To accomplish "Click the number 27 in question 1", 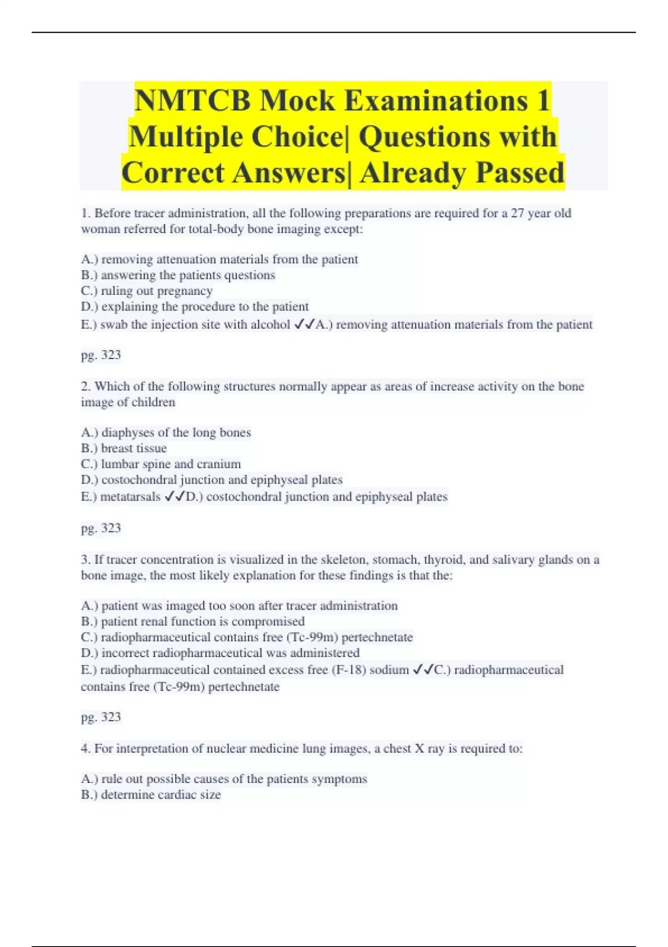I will (x=517, y=213).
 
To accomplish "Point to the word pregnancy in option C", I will (x=184, y=291).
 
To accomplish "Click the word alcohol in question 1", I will (x=271, y=325).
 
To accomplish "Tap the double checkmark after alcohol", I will (x=304, y=324).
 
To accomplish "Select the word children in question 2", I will (x=153, y=402).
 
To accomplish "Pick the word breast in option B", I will (x=117, y=448).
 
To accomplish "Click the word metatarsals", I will (x=130, y=497).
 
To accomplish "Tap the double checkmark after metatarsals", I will (x=174, y=496).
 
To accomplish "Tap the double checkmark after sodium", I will (x=423, y=670).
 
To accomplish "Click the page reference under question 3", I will (x=101, y=717).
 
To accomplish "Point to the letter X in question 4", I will (x=420, y=749).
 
